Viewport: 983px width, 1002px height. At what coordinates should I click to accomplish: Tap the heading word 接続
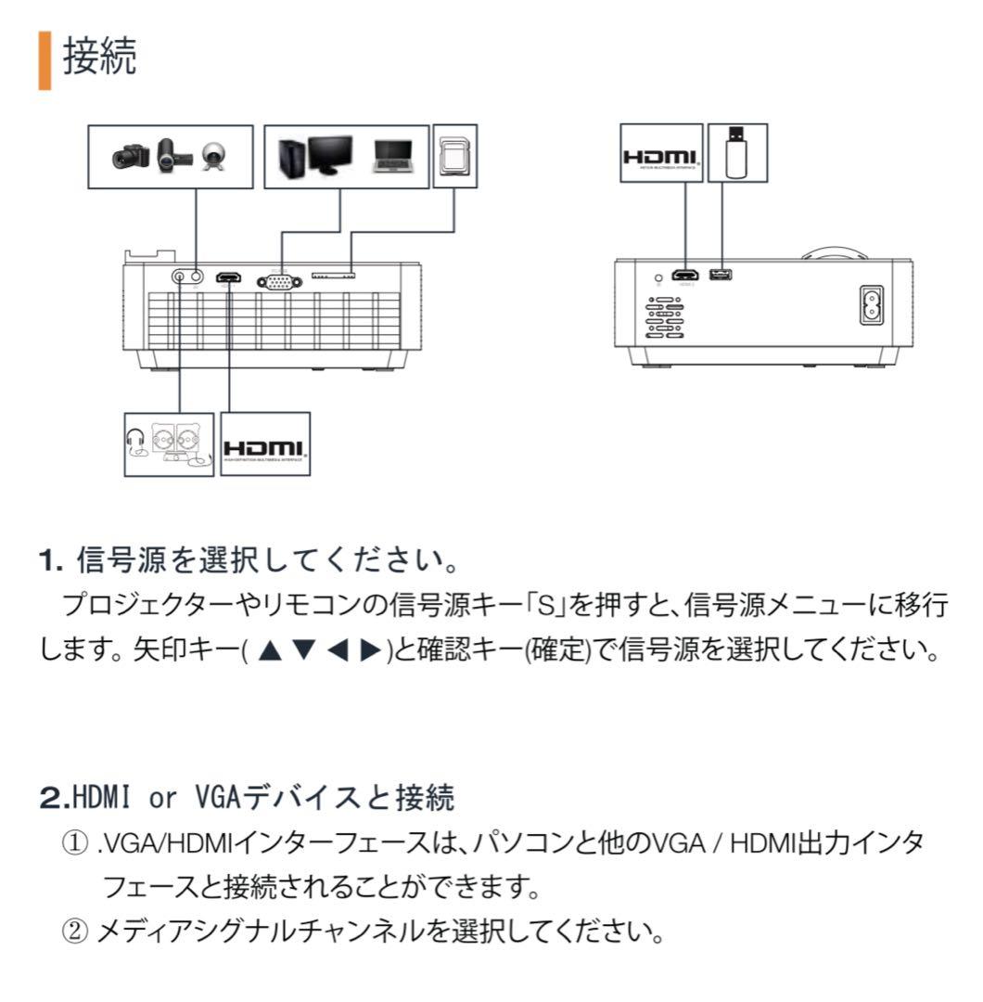coord(100,58)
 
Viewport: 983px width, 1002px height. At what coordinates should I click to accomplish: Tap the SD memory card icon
coord(454,156)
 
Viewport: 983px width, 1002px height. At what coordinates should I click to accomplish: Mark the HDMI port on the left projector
coord(227,277)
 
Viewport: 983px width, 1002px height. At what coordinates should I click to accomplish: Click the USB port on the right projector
coord(719,275)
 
